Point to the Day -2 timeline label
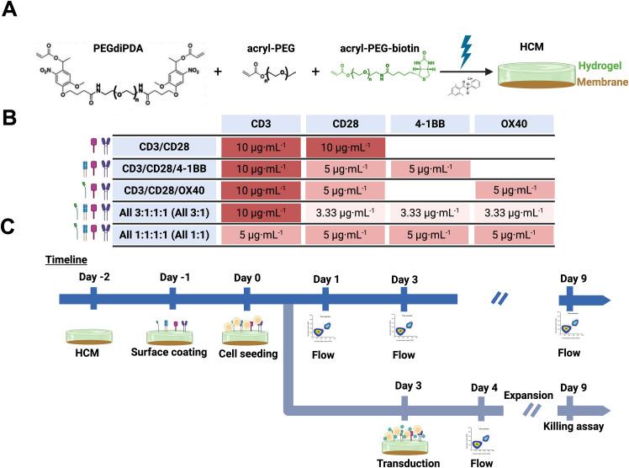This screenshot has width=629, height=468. pos(92,279)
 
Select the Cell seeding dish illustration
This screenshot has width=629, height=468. pos(246,331)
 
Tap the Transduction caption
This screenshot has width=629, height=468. pos(407,463)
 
